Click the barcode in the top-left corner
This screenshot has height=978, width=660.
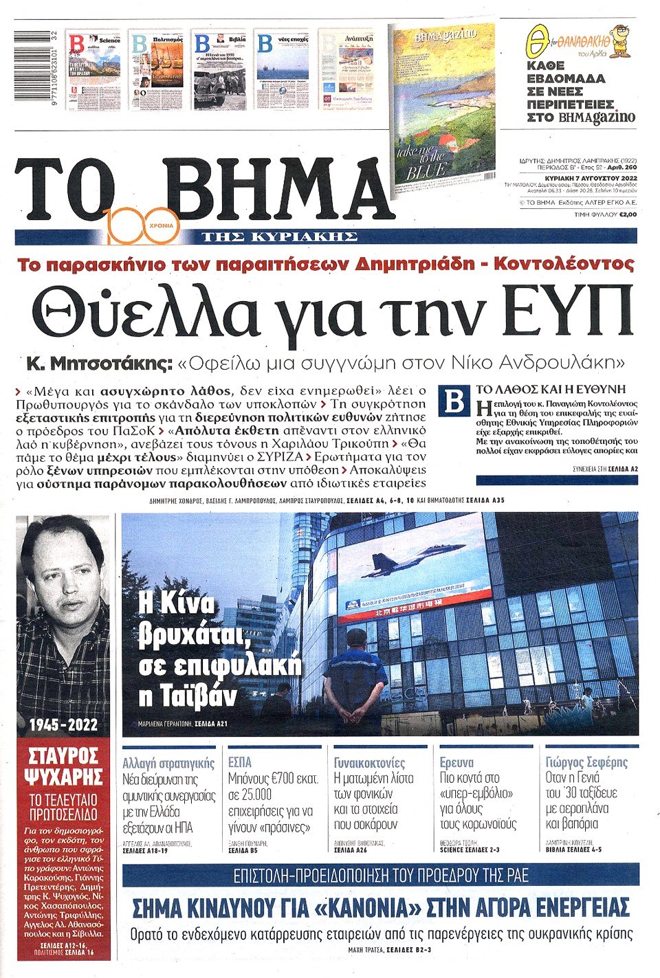(37, 69)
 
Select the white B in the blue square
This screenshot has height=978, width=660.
(454, 402)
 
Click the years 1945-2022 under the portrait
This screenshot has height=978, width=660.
(63, 724)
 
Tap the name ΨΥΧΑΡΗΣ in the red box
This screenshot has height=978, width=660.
(63, 777)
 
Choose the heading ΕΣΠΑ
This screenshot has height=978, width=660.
(240, 762)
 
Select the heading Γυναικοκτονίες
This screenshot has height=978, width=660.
(369, 762)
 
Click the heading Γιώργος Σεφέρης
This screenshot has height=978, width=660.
(586, 762)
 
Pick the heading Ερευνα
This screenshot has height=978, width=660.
(456, 762)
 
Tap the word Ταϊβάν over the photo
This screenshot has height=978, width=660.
(187, 696)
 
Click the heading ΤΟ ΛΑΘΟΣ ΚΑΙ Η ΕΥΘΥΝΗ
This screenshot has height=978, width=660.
(551, 389)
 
